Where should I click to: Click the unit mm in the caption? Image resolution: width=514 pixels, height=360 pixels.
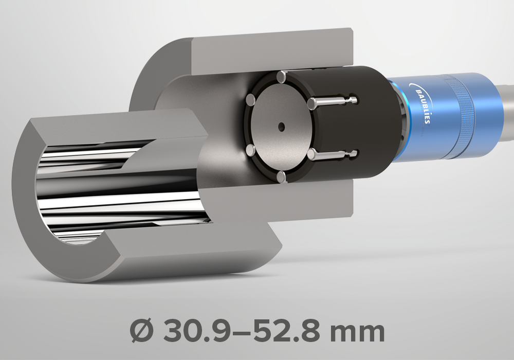(357, 333)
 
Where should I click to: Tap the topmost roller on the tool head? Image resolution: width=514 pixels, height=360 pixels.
(282, 77)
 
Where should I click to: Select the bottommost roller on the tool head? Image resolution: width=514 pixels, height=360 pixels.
(282, 176)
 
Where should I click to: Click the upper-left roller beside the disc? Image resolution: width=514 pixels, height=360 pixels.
(251, 100)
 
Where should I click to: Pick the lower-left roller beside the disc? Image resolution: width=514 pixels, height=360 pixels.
(251, 151)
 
